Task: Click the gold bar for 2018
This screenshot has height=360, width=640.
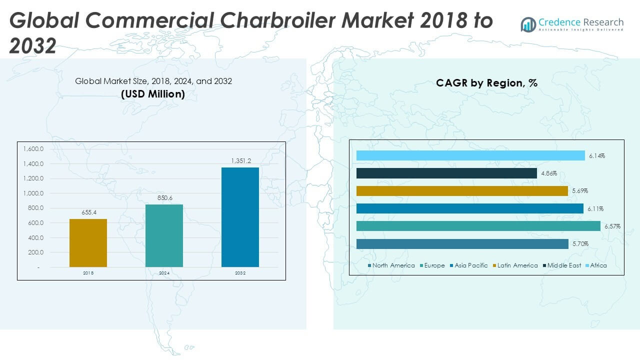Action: (x=88, y=242)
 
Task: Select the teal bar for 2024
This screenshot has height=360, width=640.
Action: (x=164, y=235)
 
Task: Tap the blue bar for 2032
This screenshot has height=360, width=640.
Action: (x=240, y=217)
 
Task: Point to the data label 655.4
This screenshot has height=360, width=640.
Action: (x=88, y=212)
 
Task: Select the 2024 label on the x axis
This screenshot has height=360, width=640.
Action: (x=164, y=273)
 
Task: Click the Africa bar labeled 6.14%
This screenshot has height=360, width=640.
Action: (x=470, y=155)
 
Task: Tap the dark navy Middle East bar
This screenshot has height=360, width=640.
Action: (x=446, y=173)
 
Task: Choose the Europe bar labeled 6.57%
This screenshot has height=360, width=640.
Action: (x=478, y=226)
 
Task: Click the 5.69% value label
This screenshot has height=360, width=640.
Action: (x=580, y=191)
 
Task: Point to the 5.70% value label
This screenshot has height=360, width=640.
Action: (x=580, y=244)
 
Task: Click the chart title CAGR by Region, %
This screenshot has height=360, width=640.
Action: (x=486, y=83)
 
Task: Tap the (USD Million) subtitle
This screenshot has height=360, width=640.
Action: (x=153, y=93)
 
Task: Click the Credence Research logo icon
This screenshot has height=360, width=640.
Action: (x=528, y=24)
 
